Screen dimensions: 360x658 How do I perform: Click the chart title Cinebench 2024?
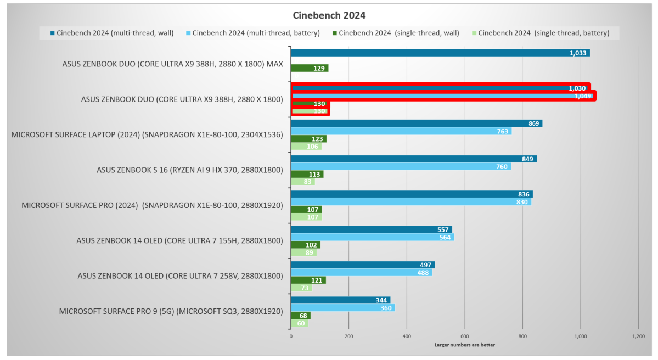point(329,15)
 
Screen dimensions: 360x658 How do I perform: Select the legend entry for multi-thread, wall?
point(112,33)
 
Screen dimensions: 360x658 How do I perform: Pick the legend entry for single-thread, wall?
point(395,33)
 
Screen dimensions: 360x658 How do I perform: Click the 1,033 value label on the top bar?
point(578,53)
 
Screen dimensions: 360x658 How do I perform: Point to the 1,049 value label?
point(582,96)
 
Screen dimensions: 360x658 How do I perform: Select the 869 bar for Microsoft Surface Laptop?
point(416,123)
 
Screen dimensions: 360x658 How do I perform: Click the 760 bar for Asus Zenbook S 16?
point(401,166)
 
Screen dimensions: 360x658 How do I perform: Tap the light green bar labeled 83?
point(302,182)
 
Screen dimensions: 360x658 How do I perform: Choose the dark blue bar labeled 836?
point(412,194)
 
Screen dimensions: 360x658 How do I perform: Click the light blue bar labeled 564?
point(372,237)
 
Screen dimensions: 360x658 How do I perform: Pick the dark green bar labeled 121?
point(308,280)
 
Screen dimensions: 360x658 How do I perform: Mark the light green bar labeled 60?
point(299,323)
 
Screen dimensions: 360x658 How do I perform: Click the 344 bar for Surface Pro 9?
point(340,300)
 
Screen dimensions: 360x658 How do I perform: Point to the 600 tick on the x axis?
point(464,335)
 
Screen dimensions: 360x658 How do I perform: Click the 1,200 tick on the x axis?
point(638,335)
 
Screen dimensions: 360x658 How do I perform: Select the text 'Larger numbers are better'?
point(464,345)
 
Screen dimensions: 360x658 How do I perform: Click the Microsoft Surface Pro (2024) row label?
point(152,205)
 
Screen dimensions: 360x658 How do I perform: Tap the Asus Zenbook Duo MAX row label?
point(173,64)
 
